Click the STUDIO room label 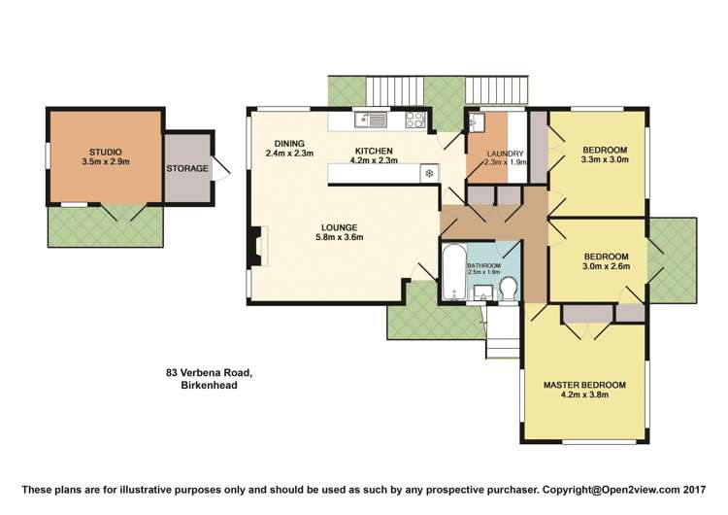pyautogui.click(x=105, y=152)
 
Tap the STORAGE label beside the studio pyautogui.click(x=187, y=168)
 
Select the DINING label pyautogui.click(x=289, y=143)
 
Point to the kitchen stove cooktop pyautogui.click(x=415, y=120)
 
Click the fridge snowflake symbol pyautogui.click(x=427, y=174)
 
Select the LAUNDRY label pyautogui.click(x=505, y=154)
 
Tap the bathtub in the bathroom pyautogui.click(x=452, y=274)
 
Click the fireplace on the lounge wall pyautogui.click(x=257, y=246)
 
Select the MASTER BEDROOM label pyautogui.click(x=584, y=385)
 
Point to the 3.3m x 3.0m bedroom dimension pyautogui.click(x=604, y=160)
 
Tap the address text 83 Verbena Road pyautogui.click(x=209, y=372)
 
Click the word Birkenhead pyautogui.click(x=209, y=385)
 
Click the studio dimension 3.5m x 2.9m pyautogui.click(x=105, y=162)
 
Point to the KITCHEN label pyautogui.click(x=374, y=151)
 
